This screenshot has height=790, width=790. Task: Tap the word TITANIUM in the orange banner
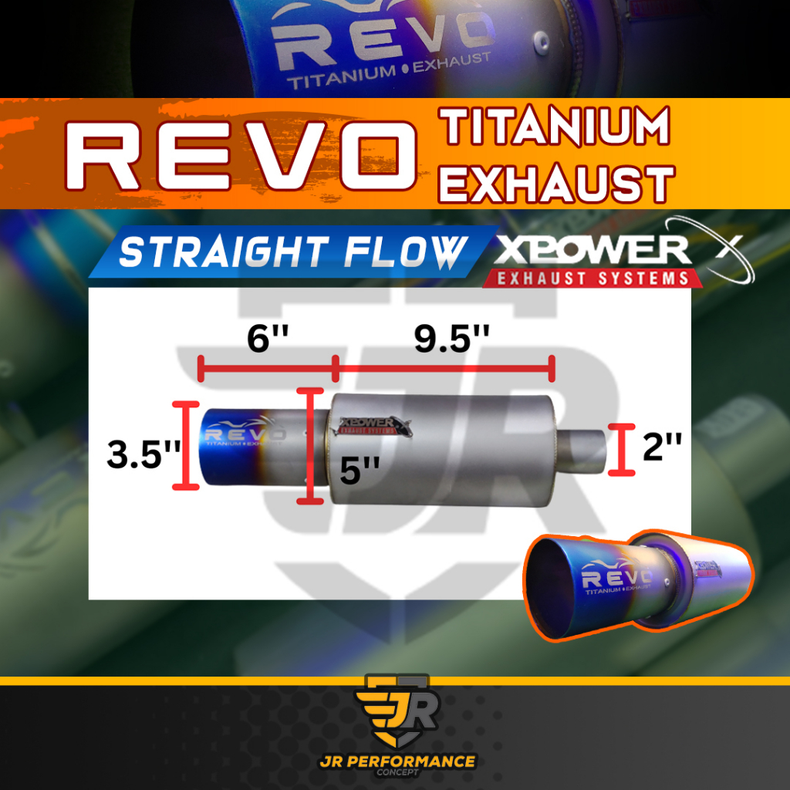click(x=554, y=127)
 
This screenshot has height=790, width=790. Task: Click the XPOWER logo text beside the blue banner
click(x=592, y=250)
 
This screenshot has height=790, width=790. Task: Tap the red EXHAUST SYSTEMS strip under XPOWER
click(x=592, y=278)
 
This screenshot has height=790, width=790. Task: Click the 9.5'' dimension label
click(x=452, y=339)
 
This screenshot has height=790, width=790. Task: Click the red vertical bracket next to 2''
click(x=620, y=448)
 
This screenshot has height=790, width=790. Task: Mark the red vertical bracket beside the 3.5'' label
click(x=182, y=445)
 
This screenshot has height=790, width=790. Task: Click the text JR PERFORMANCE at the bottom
click(x=397, y=761)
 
